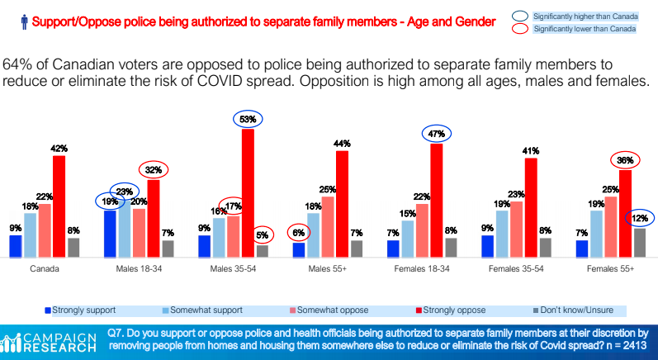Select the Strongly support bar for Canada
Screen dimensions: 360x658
(x=15, y=247)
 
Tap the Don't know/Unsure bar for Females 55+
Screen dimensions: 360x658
(x=640, y=243)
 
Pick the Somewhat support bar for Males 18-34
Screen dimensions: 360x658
(x=125, y=228)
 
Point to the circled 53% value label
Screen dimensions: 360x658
(x=248, y=119)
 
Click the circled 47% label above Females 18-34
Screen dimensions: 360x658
(x=436, y=133)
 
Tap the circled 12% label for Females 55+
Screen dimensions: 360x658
(x=639, y=218)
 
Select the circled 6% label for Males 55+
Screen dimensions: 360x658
(x=298, y=233)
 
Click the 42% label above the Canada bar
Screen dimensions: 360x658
(x=59, y=148)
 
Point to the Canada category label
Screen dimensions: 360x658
(x=44, y=269)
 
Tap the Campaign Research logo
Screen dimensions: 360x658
(x=50, y=342)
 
